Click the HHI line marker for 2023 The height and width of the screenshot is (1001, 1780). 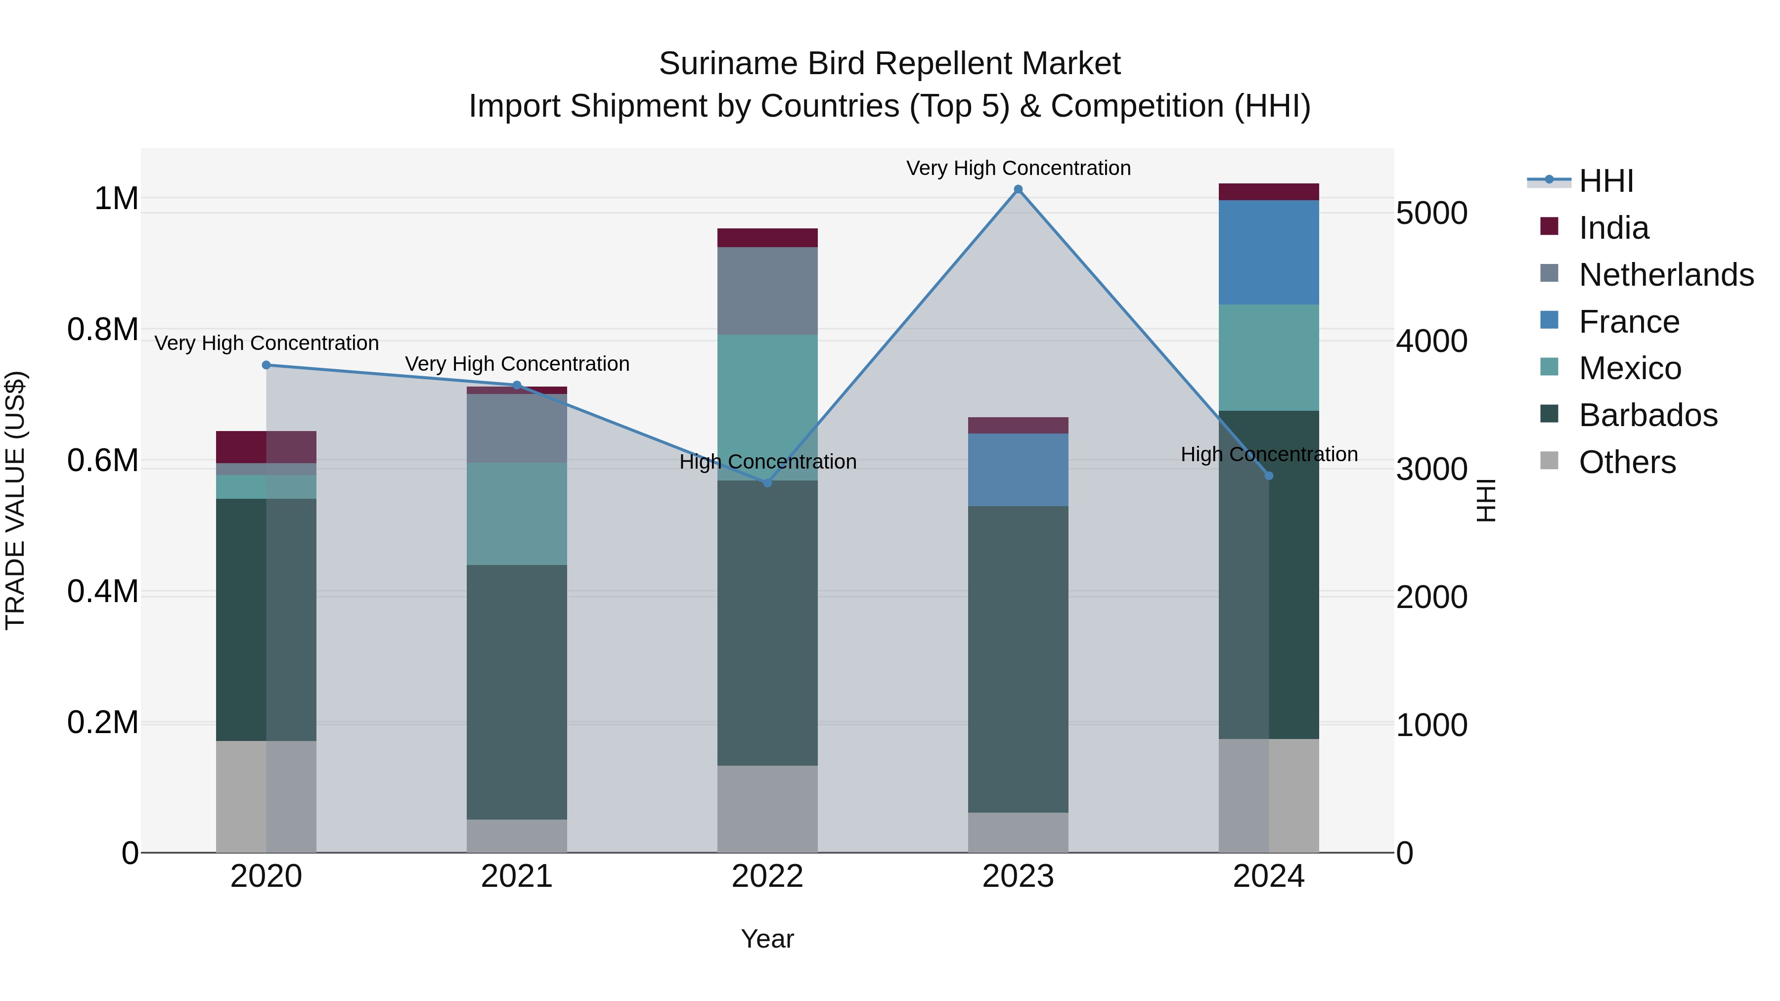(x=1018, y=189)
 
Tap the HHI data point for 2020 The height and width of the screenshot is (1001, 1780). (x=266, y=365)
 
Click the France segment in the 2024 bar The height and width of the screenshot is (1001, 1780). (x=1269, y=252)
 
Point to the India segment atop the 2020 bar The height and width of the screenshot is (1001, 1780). (x=266, y=447)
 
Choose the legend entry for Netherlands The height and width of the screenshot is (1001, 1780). (x=1665, y=275)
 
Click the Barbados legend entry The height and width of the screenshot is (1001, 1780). (x=1647, y=415)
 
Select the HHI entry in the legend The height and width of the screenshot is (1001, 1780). (x=1606, y=181)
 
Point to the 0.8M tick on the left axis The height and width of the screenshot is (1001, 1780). (x=103, y=330)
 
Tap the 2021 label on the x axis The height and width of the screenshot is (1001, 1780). (x=517, y=876)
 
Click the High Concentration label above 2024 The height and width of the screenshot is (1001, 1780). (x=1269, y=455)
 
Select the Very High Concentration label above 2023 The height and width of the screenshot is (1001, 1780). (x=1018, y=168)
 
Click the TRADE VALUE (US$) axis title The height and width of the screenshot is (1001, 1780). (x=15, y=500)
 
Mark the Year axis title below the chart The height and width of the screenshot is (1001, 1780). (x=767, y=939)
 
